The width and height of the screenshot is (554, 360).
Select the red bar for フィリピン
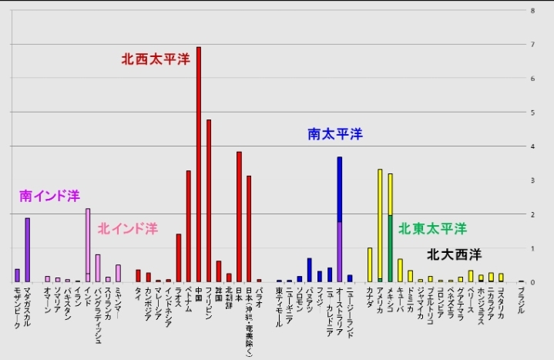coord(208,200)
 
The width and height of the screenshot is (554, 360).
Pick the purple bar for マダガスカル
coord(28,250)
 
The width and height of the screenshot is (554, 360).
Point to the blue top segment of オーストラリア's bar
coord(339,190)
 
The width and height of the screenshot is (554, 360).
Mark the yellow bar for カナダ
coord(370,264)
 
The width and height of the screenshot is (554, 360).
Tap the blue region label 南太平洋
coord(334,134)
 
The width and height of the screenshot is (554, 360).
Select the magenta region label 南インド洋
coord(49,197)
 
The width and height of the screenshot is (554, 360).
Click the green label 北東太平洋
coord(432,229)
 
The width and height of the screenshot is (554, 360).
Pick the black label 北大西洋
coord(454,254)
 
